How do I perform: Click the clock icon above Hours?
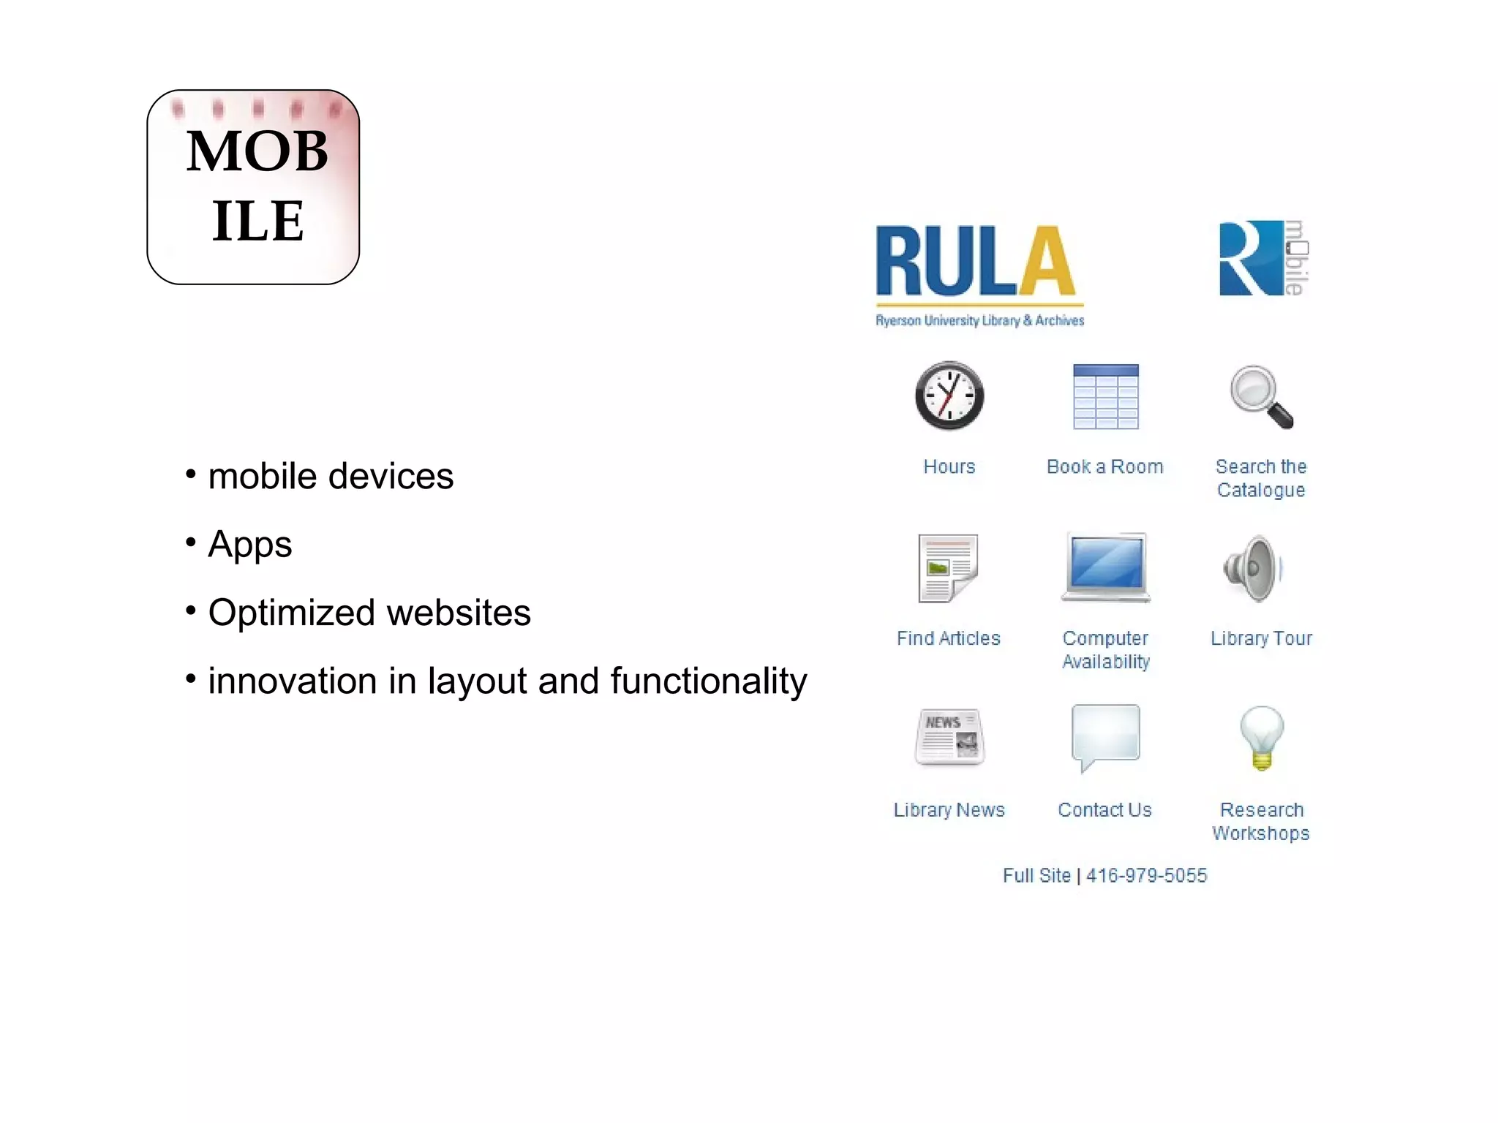click(x=949, y=396)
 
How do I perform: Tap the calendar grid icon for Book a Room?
click(x=1105, y=396)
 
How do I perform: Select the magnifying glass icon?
click(x=1261, y=396)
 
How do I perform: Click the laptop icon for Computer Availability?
click(x=1106, y=567)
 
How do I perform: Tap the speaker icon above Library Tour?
click(x=1254, y=568)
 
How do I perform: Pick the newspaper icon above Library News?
click(x=949, y=737)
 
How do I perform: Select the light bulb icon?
click(x=1262, y=737)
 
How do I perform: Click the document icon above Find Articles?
click(x=948, y=568)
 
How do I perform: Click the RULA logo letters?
click(x=976, y=261)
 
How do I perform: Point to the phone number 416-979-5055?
click(x=1146, y=876)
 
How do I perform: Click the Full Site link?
click(x=1036, y=876)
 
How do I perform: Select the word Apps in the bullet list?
click(x=249, y=545)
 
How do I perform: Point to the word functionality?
click(x=708, y=681)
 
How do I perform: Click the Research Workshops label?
click(x=1261, y=822)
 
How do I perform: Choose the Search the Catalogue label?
click(x=1261, y=478)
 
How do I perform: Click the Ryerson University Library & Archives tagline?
click(x=979, y=320)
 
